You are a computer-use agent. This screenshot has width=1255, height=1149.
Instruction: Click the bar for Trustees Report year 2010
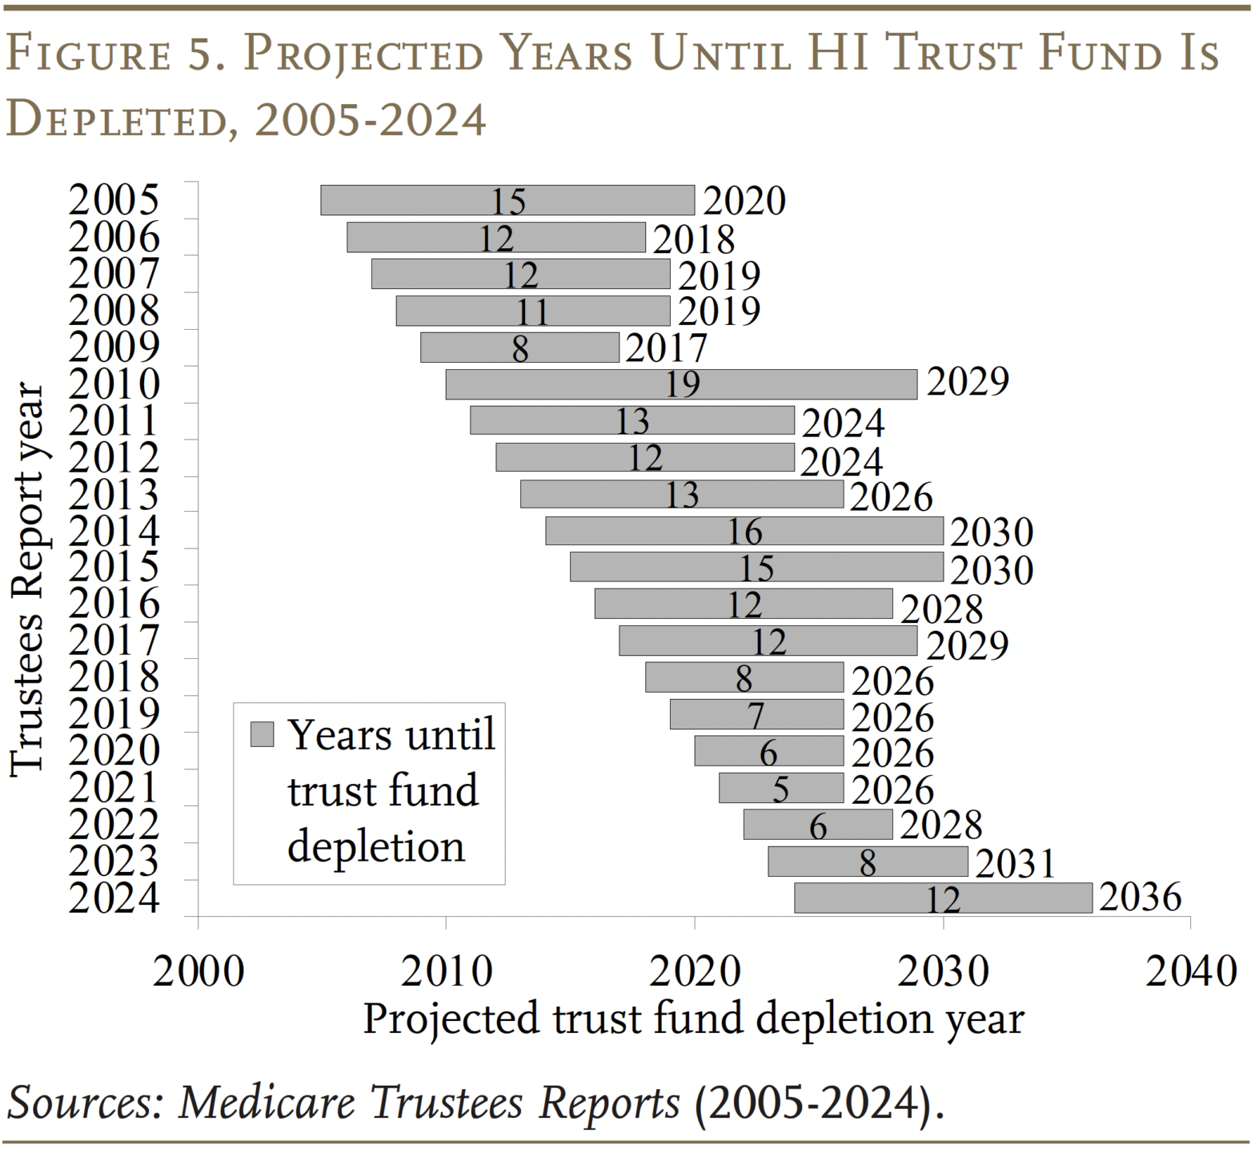tap(680, 384)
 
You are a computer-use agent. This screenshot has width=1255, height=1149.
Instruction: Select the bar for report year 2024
tap(942, 898)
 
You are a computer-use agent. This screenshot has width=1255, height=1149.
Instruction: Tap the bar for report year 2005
tap(507, 200)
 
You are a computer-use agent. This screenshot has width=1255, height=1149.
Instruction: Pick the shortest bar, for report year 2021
tap(780, 788)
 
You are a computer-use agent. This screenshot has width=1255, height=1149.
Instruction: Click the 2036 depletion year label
tap(1140, 897)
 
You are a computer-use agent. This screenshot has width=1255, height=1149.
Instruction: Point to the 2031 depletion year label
tap(1015, 863)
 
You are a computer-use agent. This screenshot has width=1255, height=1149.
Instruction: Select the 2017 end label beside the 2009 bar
tap(666, 348)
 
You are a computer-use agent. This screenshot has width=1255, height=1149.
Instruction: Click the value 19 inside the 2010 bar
tap(683, 384)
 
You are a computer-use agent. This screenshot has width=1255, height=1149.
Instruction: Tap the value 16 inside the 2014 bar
tap(744, 532)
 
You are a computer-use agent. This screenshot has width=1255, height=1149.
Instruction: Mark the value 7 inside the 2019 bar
tap(756, 715)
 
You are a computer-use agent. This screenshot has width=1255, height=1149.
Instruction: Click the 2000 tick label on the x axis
tap(198, 971)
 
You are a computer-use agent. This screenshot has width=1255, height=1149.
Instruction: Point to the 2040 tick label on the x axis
tap(1191, 971)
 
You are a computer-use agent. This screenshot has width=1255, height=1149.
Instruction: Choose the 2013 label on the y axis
tap(114, 495)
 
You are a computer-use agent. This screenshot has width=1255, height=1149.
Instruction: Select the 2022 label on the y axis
tap(114, 825)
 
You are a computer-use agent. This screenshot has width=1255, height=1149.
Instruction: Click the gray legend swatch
tap(262, 734)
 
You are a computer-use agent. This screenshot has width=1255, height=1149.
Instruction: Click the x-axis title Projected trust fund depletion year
tap(693, 1019)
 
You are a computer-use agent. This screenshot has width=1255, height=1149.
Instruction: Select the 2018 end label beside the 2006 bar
tap(693, 239)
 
